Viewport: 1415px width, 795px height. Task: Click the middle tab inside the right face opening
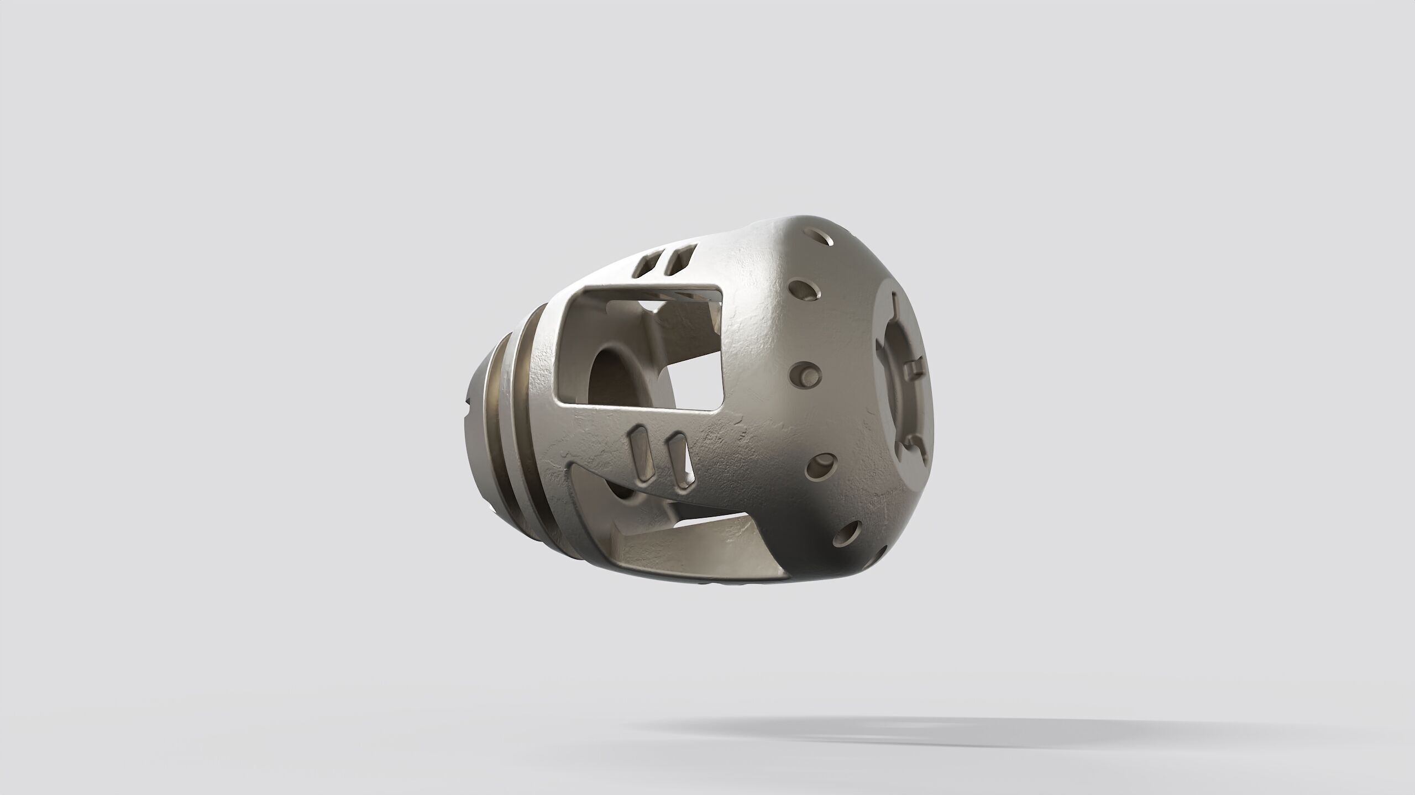click(916, 367)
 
